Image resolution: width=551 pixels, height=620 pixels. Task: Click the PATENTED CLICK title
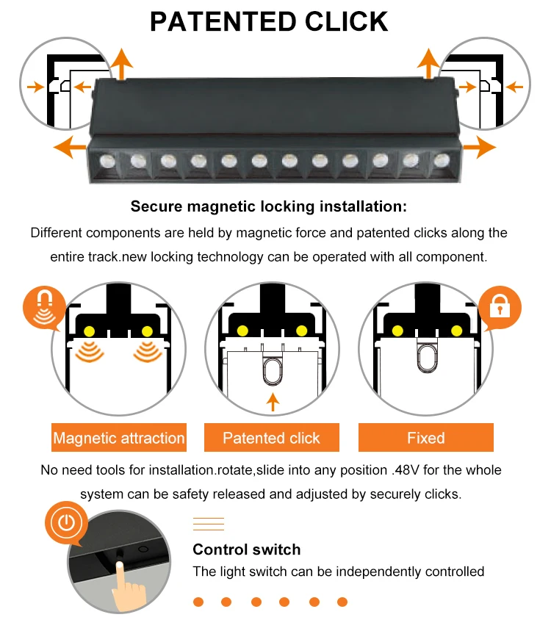pyautogui.click(x=269, y=21)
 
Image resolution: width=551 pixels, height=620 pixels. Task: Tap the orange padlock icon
pyautogui.click(x=500, y=308)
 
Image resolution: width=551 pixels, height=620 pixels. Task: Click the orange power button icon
pyautogui.click(x=66, y=523)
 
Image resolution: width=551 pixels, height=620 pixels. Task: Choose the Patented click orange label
pyautogui.click(x=272, y=438)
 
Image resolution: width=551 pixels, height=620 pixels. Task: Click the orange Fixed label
pyautogui.click(x=426, y=438)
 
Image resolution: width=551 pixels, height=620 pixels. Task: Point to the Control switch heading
pyautogui.click(x=246, y=549)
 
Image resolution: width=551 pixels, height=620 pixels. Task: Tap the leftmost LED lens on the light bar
pyautogui.click(x=107, y=161)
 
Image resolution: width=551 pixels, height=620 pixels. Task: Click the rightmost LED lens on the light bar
pyautogui.click(x=442, y=160)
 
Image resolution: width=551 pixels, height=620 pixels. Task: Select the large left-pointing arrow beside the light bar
pyautogui.click(x=70, y=147)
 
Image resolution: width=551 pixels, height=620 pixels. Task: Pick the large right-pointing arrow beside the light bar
pyautogui.click(x=480, y=147)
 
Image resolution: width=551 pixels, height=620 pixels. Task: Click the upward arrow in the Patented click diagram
pyautogui.click(x=273, y=402)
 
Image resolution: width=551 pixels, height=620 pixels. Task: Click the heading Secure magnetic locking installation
pyautogui.click(x=269, y=206)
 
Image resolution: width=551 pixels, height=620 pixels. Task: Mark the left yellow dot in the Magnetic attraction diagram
pyautogui.click(x=90, y=331)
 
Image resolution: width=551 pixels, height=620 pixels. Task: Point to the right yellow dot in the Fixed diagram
pyautogui.click(x=456, y=331)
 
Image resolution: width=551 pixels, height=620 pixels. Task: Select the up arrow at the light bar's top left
pyautogui.click(x=121, y=64)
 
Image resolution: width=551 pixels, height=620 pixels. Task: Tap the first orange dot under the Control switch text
pyautogui.click(x=198, y=602)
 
